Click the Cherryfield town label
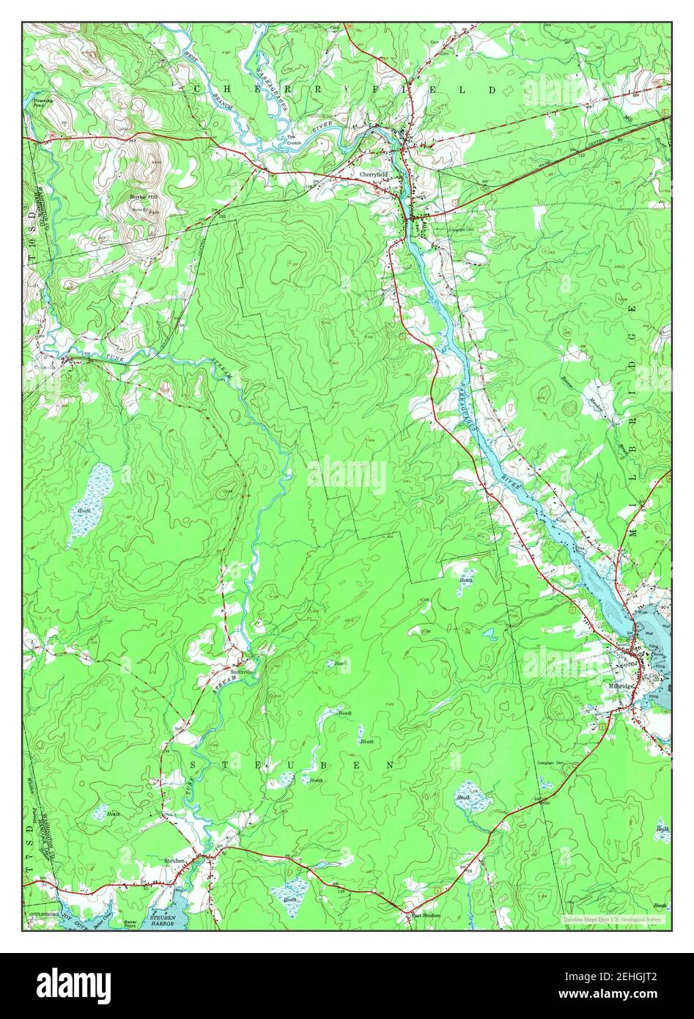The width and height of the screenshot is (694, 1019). [x=374, y=174]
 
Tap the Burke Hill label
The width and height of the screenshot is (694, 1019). [x=144, y=196]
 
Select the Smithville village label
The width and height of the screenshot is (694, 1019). [x=242, y=672]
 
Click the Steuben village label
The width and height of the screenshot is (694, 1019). [x=175, y=855]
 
